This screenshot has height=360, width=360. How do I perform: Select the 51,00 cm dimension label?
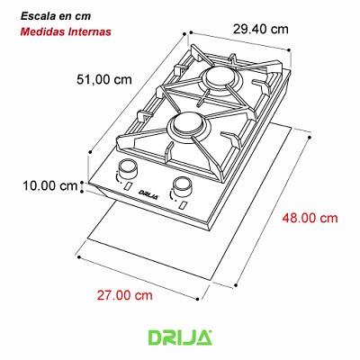click(102, 78)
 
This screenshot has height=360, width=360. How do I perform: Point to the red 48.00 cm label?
click(308, 217)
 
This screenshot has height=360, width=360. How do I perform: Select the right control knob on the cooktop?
click(184, 186)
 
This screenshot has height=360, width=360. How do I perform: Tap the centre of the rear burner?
click(219, 82)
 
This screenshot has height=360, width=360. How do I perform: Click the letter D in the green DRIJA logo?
click(154, 338)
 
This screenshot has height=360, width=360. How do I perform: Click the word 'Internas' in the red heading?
click(88, 32)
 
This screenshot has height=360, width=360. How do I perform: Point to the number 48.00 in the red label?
click(298, 217)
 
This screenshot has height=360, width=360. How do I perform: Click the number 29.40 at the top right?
click(250, 29)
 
